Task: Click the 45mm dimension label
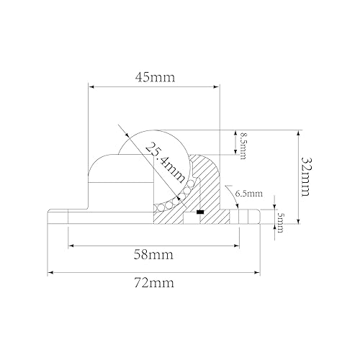(154, 76)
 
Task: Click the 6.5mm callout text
(249, 194)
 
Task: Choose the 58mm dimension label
(154, 254)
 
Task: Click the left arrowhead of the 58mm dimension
(72, 246)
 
